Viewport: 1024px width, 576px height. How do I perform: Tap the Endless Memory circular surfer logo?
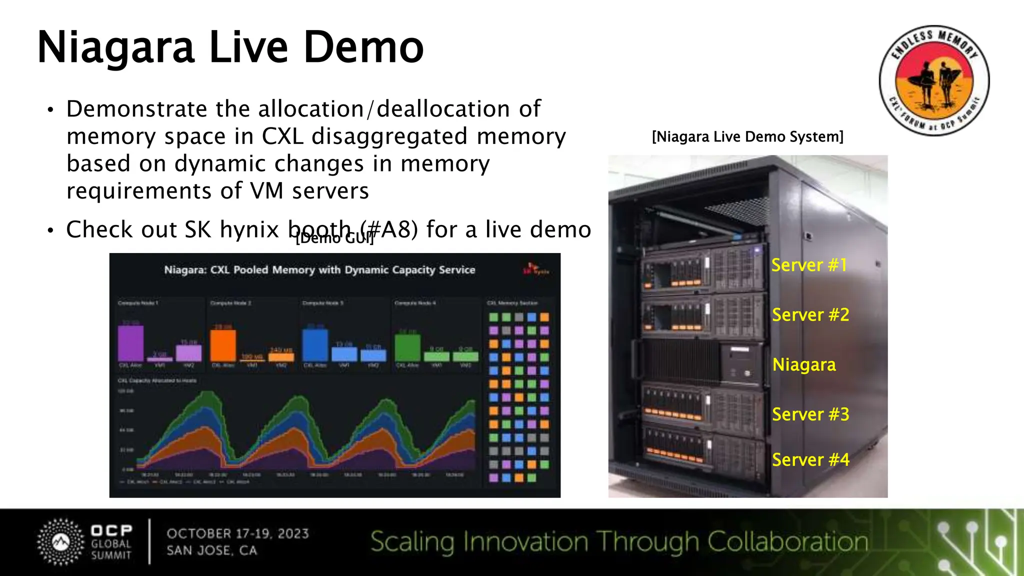934,80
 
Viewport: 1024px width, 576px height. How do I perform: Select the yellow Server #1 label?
809,265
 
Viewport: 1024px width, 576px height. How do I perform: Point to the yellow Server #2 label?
810,315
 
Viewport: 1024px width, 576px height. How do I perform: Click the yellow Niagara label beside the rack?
804,364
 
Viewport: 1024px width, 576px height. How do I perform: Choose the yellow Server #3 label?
810,414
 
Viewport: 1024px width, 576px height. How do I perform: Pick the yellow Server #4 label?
810,459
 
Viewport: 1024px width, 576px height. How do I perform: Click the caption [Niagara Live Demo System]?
747,136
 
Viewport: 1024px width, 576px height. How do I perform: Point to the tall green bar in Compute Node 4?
407,347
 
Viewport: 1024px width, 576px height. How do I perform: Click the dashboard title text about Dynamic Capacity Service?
319,270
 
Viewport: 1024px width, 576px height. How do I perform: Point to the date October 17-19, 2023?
238,533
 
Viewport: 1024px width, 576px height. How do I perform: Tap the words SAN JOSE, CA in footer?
212,550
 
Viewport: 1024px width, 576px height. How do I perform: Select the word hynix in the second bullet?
249,230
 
